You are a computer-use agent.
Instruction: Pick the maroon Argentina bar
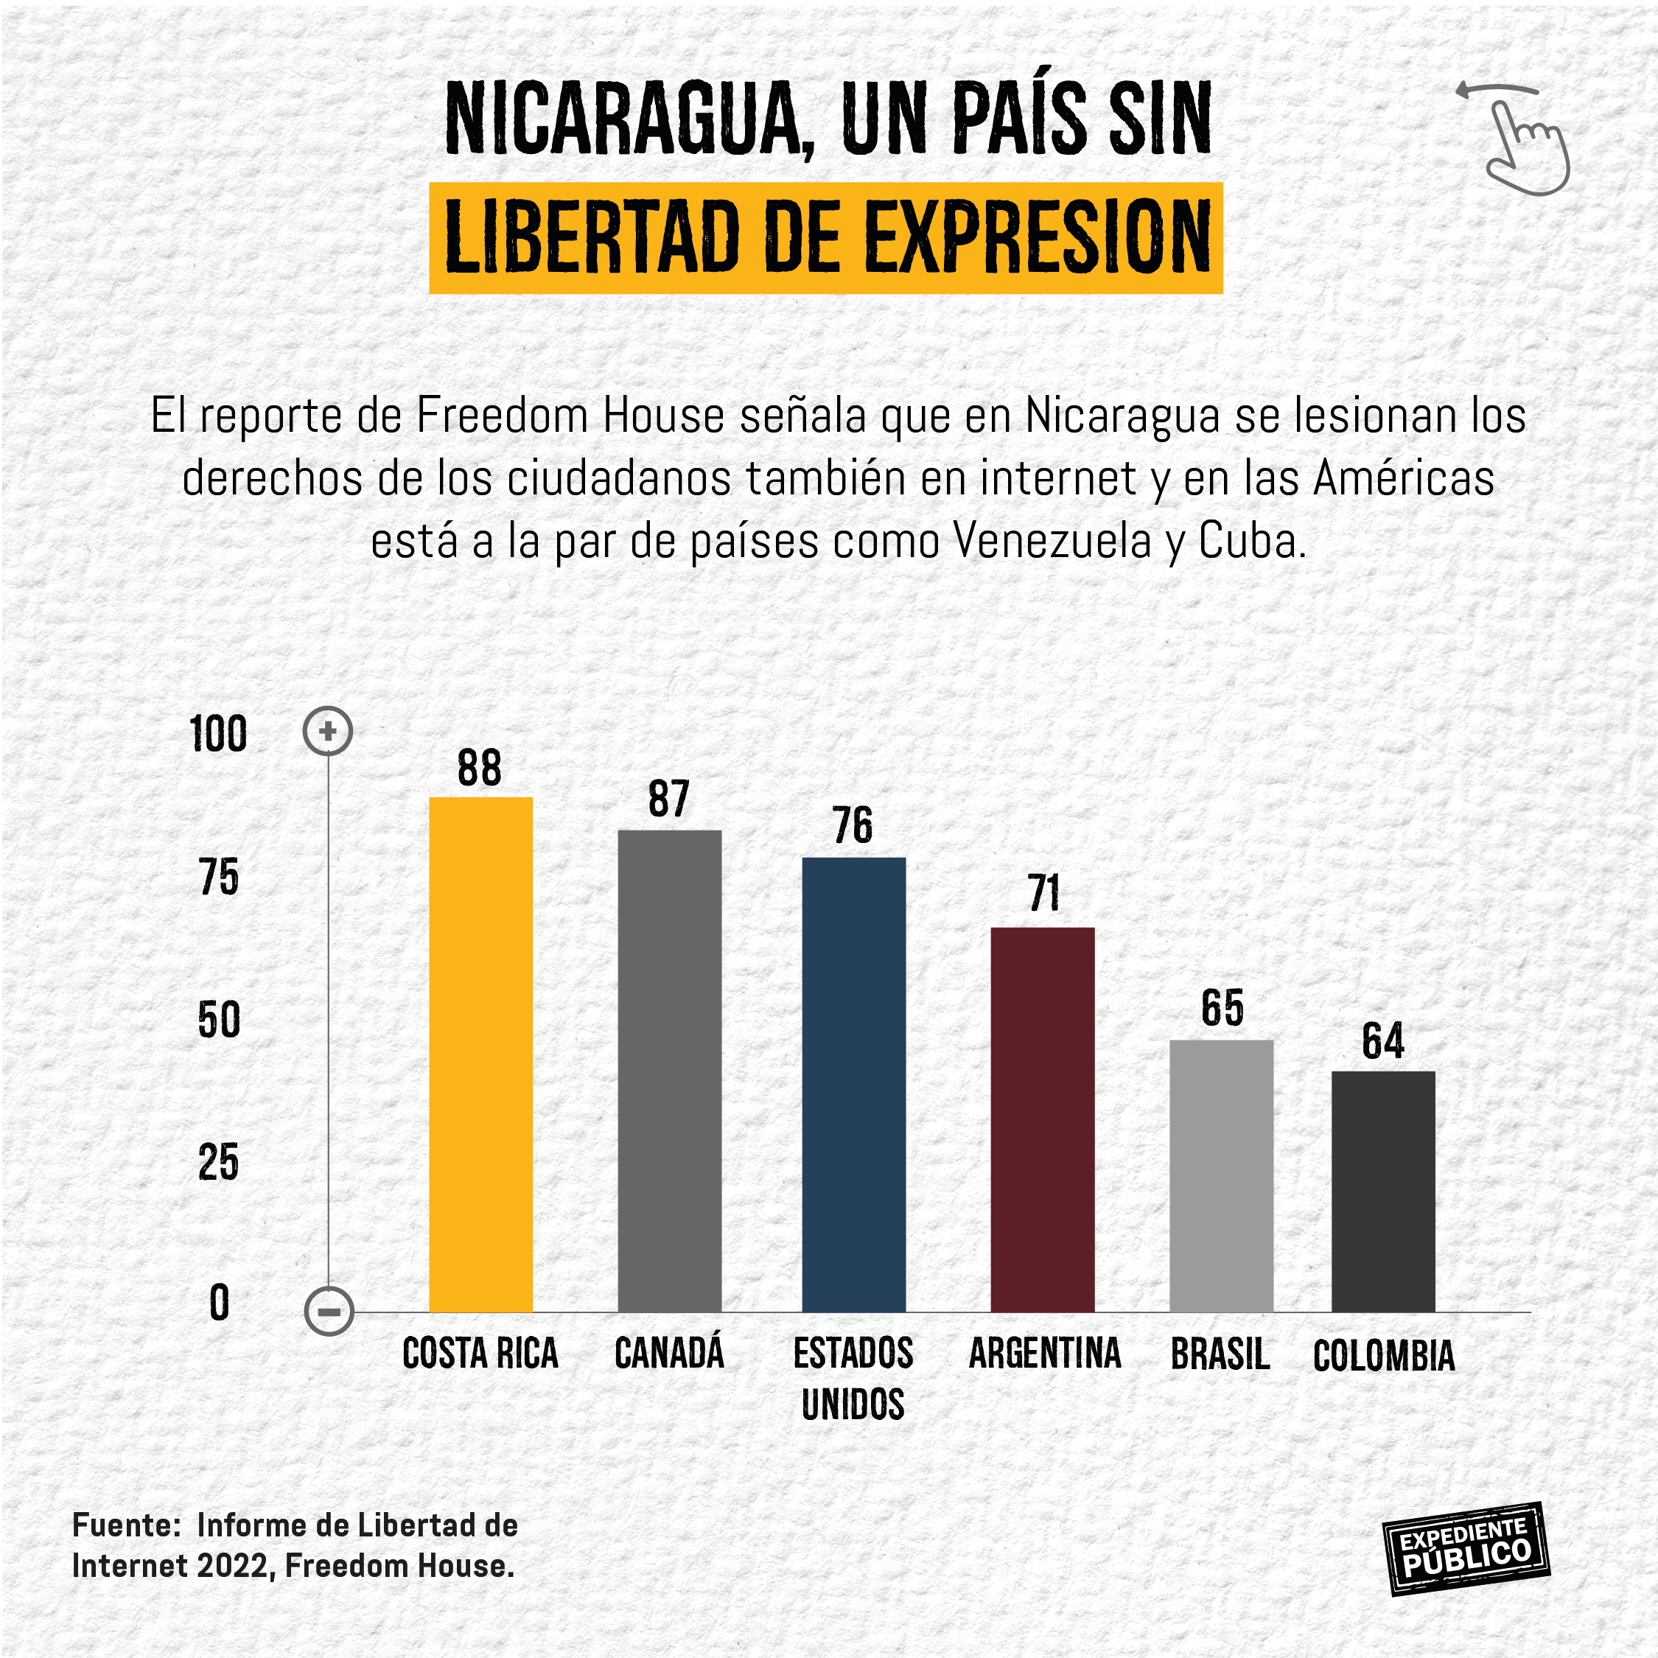coord(1042,1119)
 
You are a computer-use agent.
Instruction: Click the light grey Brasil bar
coord(1220,1175)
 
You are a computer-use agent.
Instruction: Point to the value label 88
coord(480,768)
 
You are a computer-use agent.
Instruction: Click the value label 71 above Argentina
coord(1043,895)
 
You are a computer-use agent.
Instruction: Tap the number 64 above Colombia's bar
coord(1382,1042)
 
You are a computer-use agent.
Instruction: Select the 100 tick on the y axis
coord(218,735)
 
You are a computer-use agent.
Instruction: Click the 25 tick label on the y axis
coord(218,1164)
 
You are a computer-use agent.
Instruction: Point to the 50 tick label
coord(219,1021)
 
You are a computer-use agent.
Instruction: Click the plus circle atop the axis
coord(328,731)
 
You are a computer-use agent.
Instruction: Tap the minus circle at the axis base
coord(329,1312)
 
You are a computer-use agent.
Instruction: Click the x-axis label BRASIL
coord(1220,1354)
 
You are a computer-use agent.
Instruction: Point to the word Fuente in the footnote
coord(125,1525)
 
